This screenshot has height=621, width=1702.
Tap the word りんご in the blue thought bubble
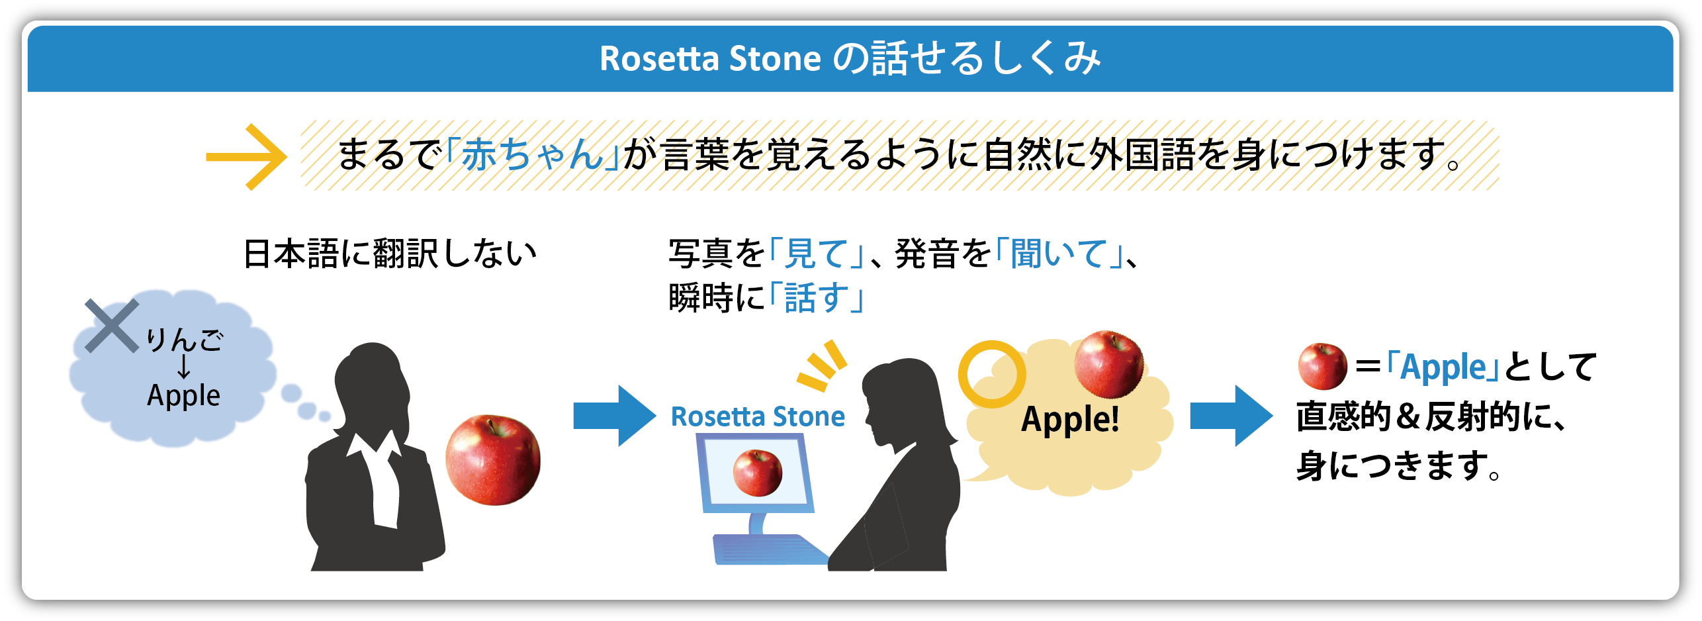tap(185, 340)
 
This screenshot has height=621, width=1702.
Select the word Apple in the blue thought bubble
tap(183, 395)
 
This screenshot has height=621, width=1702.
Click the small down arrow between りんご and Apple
tap(183, 366)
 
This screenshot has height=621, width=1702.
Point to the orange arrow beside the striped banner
tap(246, 157)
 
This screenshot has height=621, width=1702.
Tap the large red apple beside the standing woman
tap(493, 460)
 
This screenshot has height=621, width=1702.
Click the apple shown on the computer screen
tap(758, 472)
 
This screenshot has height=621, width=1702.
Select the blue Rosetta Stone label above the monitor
tap(758, 416)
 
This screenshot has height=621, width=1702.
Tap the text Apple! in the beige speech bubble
tap(1070, 419)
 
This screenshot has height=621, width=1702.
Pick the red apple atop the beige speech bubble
tap(1108, 364)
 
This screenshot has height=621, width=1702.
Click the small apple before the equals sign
tap(1322, 366)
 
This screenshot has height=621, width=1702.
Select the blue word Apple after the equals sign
tap(1443, 367)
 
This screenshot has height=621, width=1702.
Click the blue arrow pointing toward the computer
tap(615, 416)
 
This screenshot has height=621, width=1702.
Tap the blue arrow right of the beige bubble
tap(1232, 416)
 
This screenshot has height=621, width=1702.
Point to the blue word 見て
tap(816, 254)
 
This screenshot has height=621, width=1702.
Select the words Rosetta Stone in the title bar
tap(710, 58)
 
